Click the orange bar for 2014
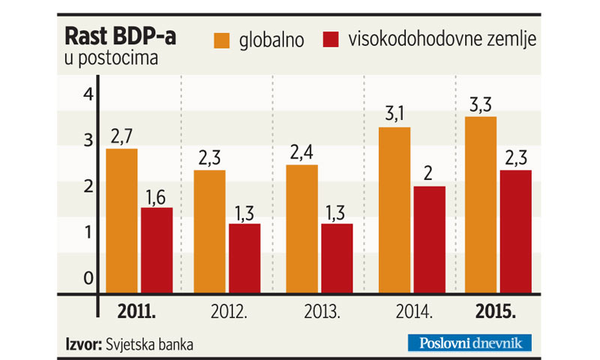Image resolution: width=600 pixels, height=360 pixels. pyautogui.click(x=394, y=209)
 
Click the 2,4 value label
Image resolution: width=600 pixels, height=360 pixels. pyautogui.click(x=301, y=152)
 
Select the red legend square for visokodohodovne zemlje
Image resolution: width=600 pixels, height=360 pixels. pyautogui.click(x=330, y=41)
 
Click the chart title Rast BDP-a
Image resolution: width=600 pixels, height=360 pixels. pyautogui.click(x=121, y=37)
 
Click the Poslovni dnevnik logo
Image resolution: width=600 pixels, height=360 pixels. pyautogui.click(x=469, y=343)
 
